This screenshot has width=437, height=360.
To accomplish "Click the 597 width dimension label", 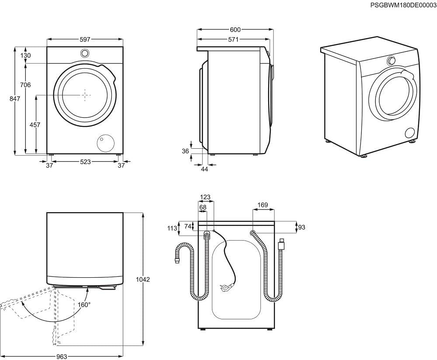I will coord(85,40).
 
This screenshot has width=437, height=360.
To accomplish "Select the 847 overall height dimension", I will coord(15,99).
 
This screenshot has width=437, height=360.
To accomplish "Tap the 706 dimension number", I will coord(25,85).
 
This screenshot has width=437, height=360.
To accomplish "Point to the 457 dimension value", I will coord(35,125).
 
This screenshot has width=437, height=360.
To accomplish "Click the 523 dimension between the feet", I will coord(85,162).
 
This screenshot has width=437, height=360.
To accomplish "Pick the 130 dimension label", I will coord(26,56).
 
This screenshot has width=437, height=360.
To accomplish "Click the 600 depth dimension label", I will coord(235,30).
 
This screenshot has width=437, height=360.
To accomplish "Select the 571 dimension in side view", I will coord(233,40).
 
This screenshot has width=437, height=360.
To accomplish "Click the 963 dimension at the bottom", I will coord(62,357).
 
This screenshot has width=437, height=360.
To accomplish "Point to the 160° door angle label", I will coord(84,304).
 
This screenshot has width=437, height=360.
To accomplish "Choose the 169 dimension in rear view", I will coord(263,205).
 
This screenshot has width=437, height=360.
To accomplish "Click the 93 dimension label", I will coord(301,227).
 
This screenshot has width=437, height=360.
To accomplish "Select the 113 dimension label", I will coord(172,228).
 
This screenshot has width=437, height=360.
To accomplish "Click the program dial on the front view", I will coord(85,53).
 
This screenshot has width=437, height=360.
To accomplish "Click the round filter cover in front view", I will coord(104,143).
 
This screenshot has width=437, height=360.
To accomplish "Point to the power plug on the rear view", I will coord(226,287).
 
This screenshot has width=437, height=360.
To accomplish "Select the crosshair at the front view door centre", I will coord(85,94).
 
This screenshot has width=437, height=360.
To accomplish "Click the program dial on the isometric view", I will coord(392,61).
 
